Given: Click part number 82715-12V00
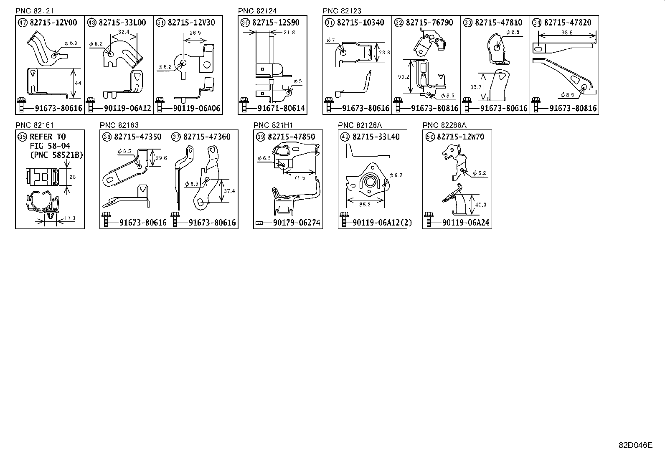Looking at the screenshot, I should tap(53, 23).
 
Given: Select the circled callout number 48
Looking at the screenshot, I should tap(91, 23).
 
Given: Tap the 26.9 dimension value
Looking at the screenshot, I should tap(195, 33).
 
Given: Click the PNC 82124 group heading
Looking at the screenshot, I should tap(257, 11).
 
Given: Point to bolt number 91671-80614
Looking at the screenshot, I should tap(281, 109).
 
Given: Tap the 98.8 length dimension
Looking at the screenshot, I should tap(566, 33).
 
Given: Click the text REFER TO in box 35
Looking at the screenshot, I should tap(48, 137).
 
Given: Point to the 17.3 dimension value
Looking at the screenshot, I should tap(70, 218).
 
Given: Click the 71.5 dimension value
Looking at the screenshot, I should tap(300, 178).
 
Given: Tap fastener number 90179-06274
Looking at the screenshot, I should tap(297, 223).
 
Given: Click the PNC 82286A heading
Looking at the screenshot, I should tap(444, 125).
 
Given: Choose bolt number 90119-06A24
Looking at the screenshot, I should tap(465, 223).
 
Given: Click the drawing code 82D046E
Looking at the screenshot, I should tap(635, 445).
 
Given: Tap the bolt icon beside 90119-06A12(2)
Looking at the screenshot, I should tap(344, 220).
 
